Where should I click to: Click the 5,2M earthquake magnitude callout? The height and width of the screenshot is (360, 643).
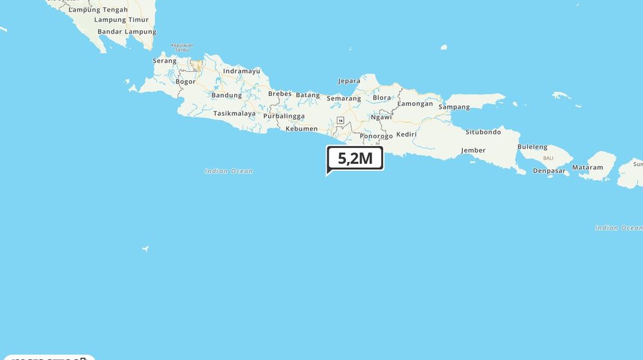point(355,158)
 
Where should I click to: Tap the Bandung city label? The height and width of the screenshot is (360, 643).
point(226,95)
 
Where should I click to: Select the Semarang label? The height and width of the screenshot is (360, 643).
point(343,98)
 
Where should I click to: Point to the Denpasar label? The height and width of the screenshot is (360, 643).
point(549,171)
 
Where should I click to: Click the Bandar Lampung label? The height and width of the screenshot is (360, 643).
point(127,32)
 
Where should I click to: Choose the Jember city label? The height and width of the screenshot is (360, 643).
point(473,150)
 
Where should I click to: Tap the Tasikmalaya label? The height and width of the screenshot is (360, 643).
point(234,113)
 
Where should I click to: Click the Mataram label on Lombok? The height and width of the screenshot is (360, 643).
point(588,168)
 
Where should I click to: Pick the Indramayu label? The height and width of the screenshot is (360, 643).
point(242,71)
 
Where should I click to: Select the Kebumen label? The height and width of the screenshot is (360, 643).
point(302,129)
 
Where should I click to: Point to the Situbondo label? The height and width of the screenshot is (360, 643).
point(483,132)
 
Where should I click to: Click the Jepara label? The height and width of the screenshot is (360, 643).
point(349,81)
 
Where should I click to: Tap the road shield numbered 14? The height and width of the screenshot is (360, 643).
point(340,120)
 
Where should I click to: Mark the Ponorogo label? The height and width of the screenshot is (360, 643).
point(376,136)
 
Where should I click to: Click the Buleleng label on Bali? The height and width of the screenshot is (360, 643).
point(532,147)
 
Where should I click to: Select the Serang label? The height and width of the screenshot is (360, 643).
point(165,61)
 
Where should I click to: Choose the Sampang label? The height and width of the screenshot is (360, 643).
point(454,107)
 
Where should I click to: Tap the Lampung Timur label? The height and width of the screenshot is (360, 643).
point(122,20)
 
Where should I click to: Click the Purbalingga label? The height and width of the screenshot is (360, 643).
point(284,116)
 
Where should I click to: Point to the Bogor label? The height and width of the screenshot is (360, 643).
point(185,82)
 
